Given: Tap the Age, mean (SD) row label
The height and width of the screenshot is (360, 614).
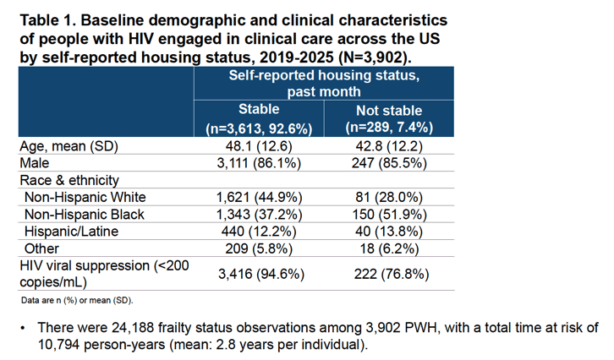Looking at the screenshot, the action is pos(69,146).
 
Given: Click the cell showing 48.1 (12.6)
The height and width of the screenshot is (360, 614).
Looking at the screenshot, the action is pos(259,146).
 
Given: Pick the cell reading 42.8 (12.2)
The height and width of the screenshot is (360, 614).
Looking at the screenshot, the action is pos(389,146).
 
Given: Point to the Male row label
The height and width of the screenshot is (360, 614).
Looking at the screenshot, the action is pos(35,163).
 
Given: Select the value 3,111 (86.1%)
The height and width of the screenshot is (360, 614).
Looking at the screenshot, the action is pos(259,163).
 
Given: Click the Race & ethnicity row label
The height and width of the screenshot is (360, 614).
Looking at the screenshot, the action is pos(69,180).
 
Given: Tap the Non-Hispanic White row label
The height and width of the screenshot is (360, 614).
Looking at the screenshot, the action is pos(85,197).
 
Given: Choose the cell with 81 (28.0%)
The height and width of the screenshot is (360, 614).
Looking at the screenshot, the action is pos(389,197).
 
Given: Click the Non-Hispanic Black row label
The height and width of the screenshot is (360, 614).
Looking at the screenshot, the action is pos(85,215).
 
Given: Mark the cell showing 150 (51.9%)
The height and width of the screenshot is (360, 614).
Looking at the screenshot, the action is pos(389,215).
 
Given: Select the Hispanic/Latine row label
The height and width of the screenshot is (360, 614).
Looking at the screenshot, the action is pos(71,232).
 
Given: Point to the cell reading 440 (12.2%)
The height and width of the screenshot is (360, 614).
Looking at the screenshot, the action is pos(259,232).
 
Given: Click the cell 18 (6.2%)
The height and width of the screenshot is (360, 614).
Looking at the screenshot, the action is pos(389,248).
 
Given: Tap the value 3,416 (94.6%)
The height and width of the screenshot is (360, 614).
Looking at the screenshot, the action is pos(261,274).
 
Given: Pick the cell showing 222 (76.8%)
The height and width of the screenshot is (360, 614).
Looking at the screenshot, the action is pos(392,274).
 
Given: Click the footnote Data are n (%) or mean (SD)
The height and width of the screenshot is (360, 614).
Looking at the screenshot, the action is pos(77,301).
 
